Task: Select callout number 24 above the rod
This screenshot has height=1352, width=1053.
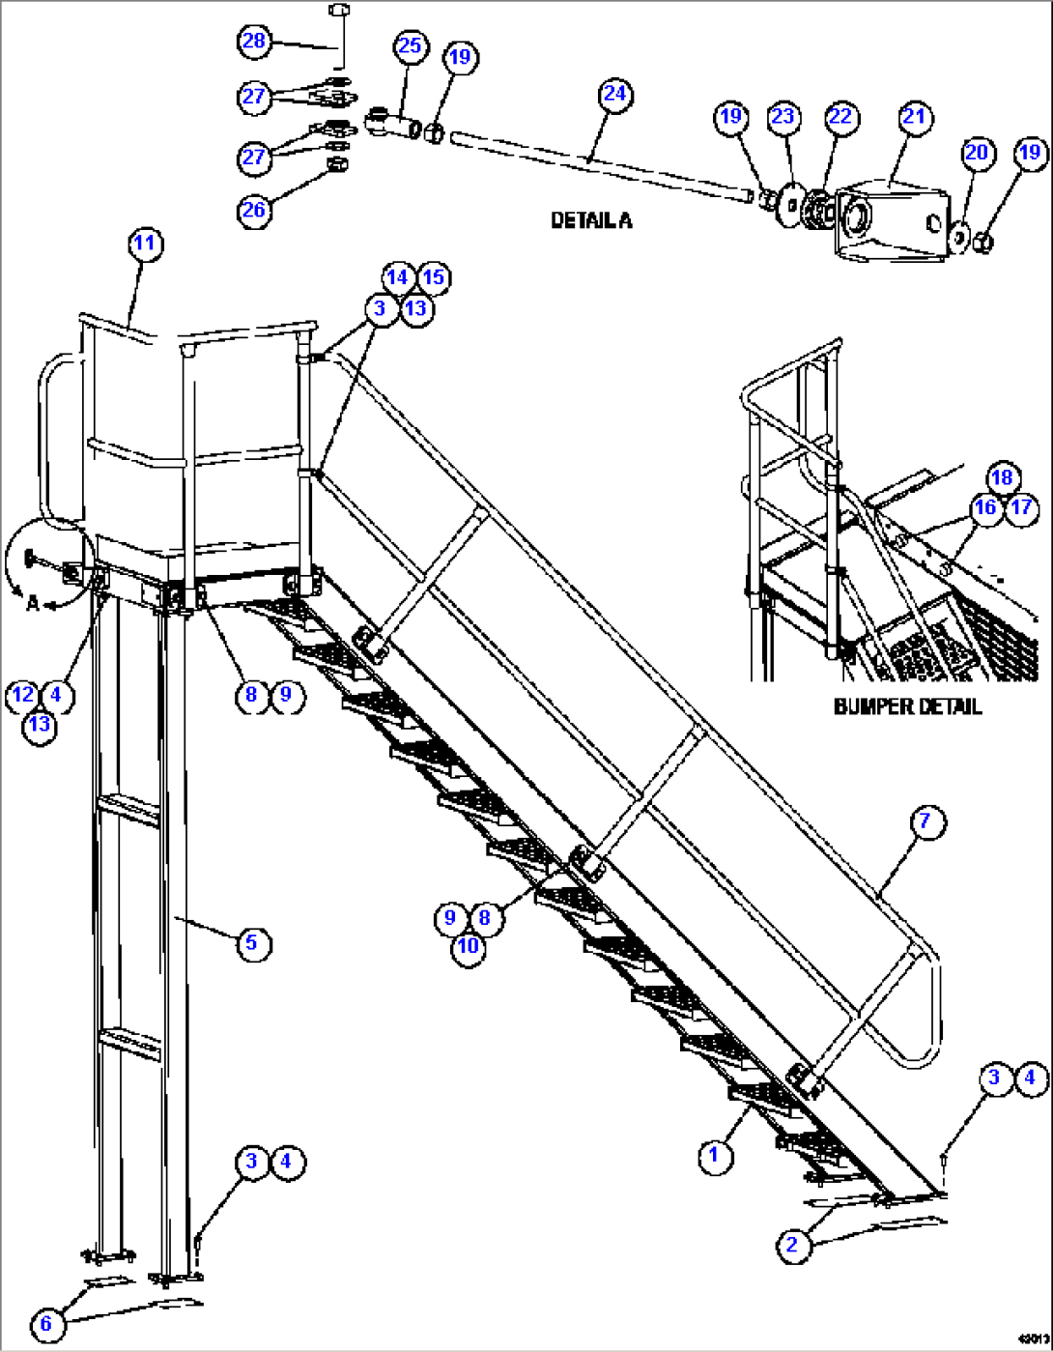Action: [614, 94]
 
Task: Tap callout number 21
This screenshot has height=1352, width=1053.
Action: [913, 116]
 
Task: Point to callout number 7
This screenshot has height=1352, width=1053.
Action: [925, 821]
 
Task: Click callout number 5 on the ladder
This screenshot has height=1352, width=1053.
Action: [251, 941]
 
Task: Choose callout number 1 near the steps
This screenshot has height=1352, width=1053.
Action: [715, 1155]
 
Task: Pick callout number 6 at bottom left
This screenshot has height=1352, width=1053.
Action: [45, 1323]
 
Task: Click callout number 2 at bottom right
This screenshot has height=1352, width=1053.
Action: [792, 1244]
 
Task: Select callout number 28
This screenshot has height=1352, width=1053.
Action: [254, 41]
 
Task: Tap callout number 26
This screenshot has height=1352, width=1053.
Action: [254, 211]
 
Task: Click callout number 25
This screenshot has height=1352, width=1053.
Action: [410, 45]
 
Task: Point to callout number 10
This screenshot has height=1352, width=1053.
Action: [468, 945]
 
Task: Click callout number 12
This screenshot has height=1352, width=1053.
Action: [22, 694]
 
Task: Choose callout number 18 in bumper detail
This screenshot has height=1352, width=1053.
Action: [1002, 477]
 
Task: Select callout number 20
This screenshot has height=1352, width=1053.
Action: [977, 152]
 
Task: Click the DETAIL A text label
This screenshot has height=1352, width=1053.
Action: [591, 220]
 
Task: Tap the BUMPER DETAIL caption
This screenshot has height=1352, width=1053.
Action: [907, 706]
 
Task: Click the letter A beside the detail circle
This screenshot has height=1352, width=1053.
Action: [33, 603]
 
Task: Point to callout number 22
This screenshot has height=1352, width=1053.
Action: [840, 116]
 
